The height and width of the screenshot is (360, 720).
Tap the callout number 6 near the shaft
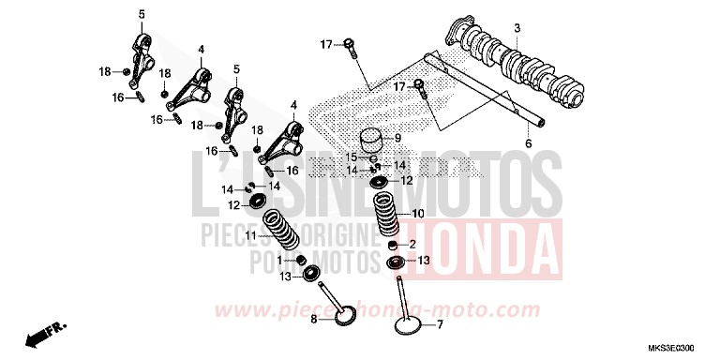point(527,143)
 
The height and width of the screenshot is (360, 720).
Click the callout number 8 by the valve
point(315,320)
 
